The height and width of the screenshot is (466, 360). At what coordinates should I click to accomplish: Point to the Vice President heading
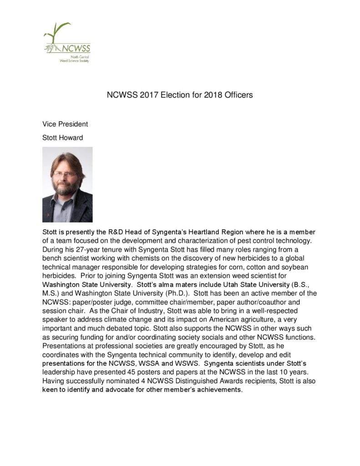[65, 124]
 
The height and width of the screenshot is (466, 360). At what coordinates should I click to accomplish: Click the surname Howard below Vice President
[72, 137]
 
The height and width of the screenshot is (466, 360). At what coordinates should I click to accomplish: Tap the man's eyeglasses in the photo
[65, 173]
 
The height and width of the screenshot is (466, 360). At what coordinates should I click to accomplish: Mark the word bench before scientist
[52, 258]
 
